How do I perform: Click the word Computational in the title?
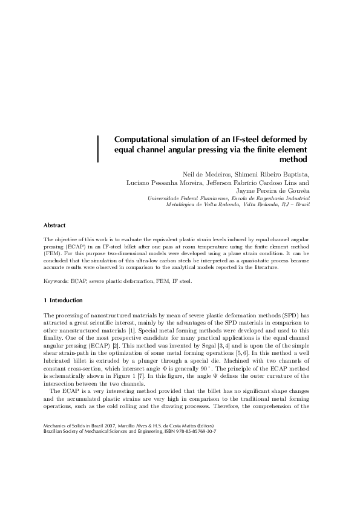tap(143, 139)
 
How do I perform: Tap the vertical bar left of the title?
tap(98, 149)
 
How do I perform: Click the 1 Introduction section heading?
tap(63, 300)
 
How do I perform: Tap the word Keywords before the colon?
tap(56, 281)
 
